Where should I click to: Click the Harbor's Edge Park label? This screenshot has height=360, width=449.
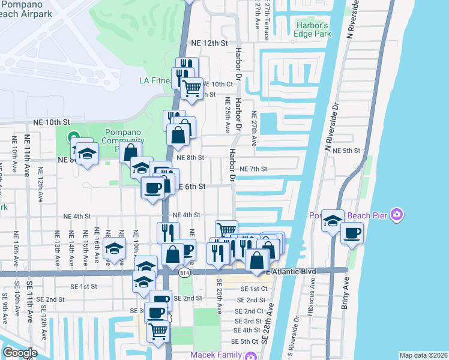[313, 30]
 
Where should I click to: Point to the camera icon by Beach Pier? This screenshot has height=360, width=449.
[396, 214]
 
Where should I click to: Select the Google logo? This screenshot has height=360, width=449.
[19, 353]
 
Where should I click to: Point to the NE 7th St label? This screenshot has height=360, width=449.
[253, 169]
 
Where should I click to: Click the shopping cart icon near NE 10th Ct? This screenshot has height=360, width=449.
[191, 88]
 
